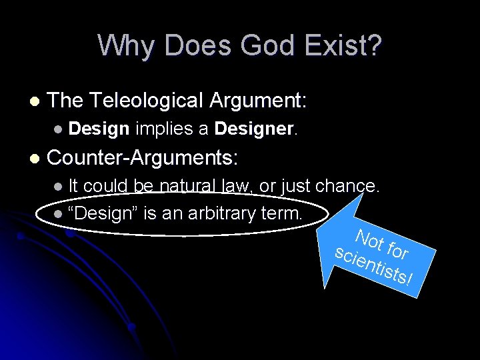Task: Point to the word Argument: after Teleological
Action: pos(258,101)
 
